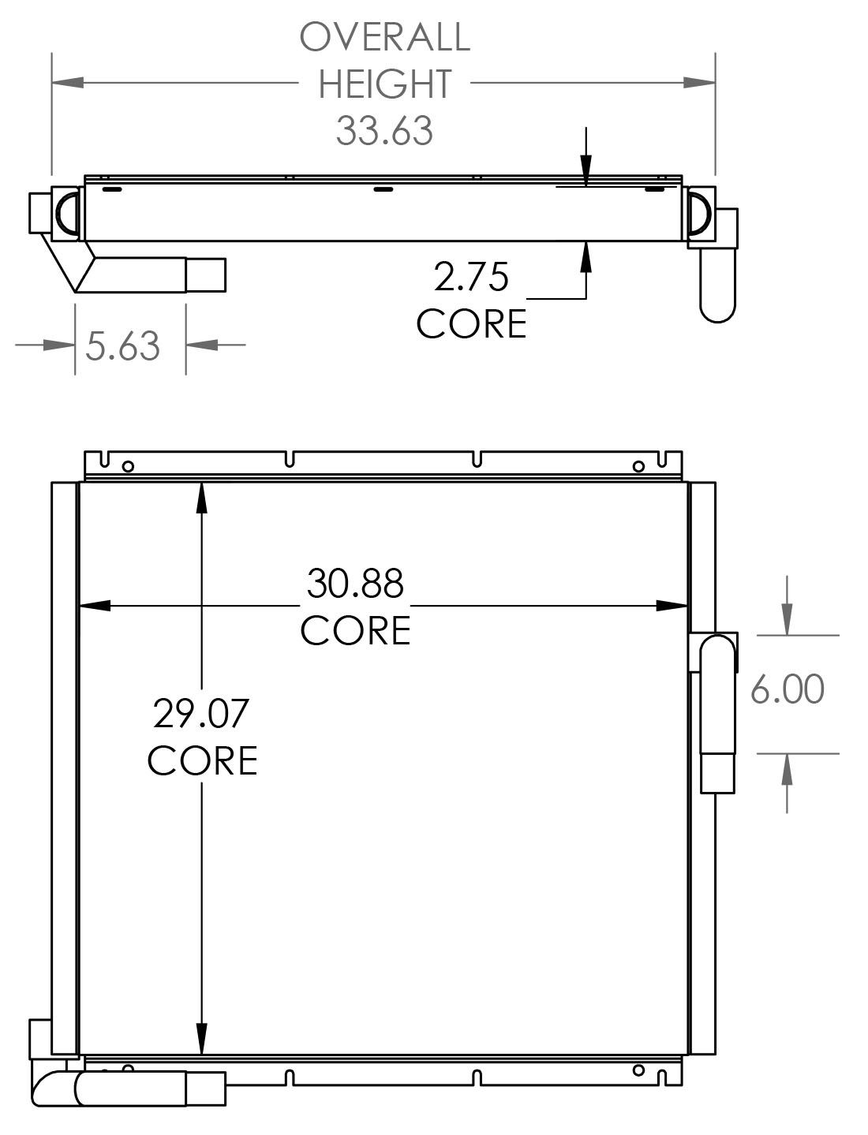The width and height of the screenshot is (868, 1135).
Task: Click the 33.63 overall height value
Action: coord(384,131)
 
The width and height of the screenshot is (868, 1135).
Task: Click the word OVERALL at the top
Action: coord(384,37)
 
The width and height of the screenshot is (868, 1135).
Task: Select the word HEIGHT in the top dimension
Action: coord(384,84)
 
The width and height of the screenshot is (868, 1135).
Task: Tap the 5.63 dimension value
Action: coord(123,346)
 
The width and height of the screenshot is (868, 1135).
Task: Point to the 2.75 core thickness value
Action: coord(471,277)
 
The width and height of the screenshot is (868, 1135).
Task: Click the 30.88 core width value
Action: coord(355,584)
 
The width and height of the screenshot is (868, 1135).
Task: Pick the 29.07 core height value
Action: coord(201,713)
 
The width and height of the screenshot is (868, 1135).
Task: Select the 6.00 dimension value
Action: coord(787,689)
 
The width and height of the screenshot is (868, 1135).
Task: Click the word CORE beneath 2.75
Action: coord(471,324)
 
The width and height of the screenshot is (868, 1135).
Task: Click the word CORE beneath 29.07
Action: coord(202,760)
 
